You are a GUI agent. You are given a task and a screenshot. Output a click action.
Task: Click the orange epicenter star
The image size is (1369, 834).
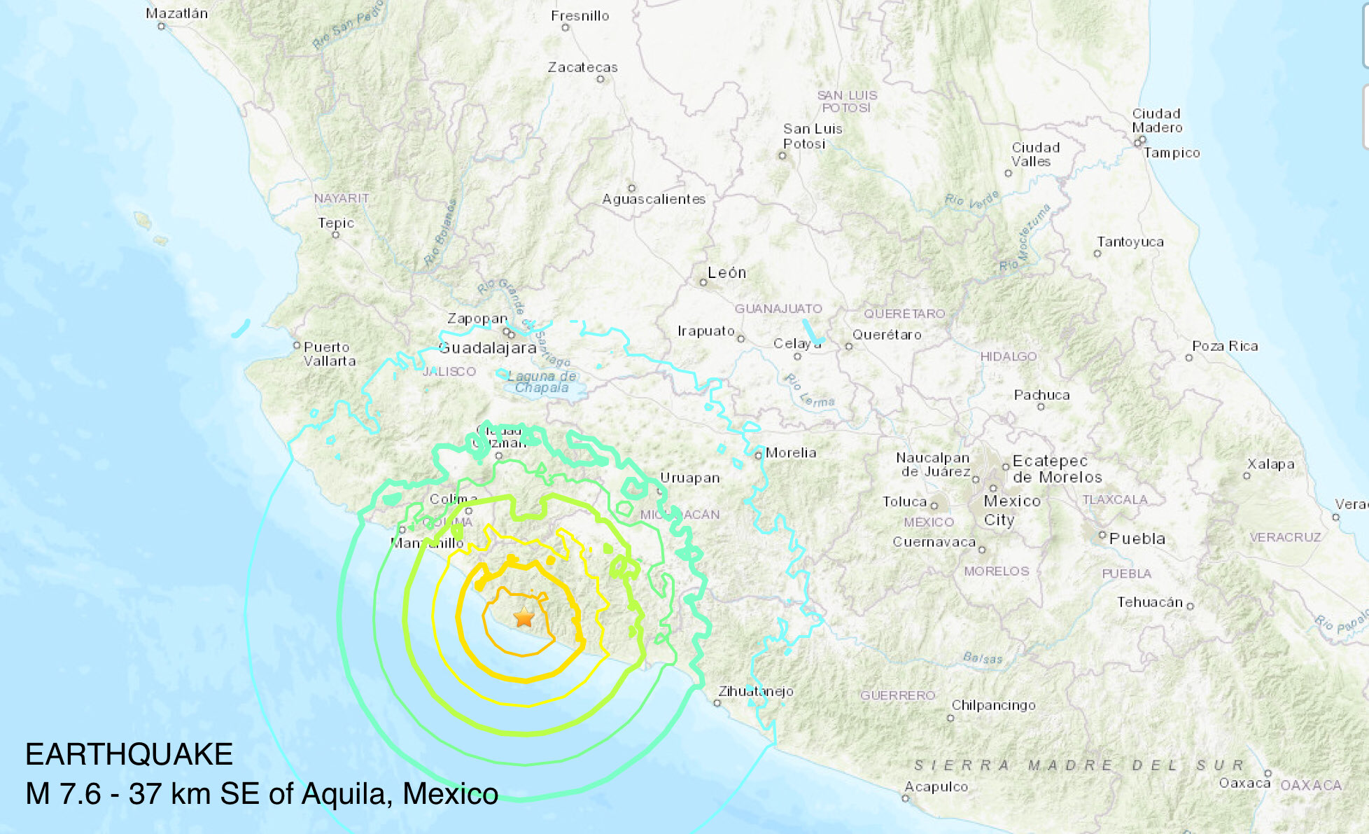524,617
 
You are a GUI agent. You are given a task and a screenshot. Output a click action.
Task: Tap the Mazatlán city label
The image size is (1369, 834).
176,13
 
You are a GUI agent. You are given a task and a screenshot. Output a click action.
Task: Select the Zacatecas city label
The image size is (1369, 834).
582,67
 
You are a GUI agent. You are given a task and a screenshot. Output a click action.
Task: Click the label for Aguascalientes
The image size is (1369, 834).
654,199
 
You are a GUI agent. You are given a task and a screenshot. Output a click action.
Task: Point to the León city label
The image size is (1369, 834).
726,272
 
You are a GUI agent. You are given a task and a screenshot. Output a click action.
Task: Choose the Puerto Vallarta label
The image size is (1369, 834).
329,354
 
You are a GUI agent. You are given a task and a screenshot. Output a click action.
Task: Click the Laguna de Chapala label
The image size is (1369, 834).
542,382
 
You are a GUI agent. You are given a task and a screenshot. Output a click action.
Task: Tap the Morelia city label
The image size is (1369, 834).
791,452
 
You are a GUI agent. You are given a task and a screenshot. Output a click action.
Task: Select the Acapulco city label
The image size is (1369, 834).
936,786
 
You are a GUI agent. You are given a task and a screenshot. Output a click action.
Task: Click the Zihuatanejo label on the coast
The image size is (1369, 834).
756,691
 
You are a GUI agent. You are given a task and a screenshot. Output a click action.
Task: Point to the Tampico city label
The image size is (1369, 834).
1172,153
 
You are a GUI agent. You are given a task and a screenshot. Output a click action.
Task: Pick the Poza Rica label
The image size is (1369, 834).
1225,346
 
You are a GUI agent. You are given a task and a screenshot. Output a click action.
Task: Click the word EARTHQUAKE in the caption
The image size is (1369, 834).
129,754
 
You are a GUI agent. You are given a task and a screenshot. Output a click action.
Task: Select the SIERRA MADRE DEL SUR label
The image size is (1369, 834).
1078,765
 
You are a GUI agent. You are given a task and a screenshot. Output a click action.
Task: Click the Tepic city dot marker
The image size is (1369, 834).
335,235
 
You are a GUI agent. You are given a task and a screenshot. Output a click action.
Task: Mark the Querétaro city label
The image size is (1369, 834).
887,335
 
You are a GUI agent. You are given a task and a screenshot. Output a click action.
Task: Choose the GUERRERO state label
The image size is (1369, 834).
897,695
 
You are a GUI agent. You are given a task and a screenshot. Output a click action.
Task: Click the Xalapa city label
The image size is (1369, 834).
1270,464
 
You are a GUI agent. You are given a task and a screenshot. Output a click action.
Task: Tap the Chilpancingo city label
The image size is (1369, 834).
993,705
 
